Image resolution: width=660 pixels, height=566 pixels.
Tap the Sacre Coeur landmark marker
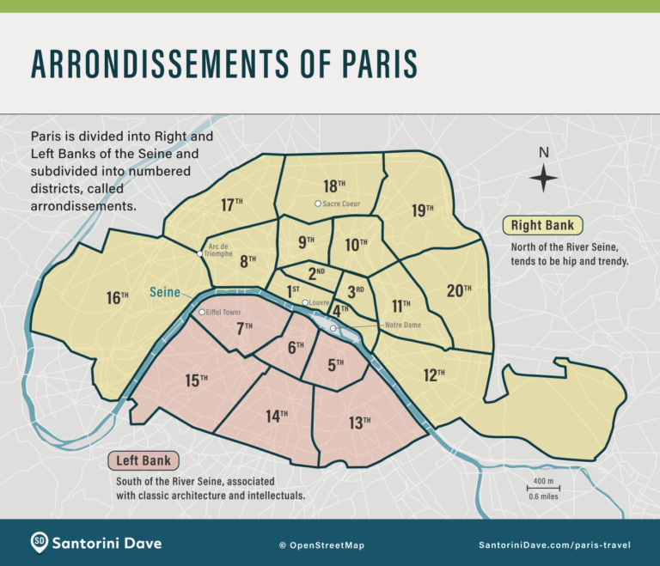(x=318, y=204)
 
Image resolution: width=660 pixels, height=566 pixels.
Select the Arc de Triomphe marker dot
(x=200, y=253)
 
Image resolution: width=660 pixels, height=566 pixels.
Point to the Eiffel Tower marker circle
(x=202, y=312)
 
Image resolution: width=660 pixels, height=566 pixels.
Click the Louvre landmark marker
(x=305, y=303)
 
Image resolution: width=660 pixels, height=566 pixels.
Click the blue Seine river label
(x=165, y=292)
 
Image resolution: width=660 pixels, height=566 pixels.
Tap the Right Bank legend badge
(x=543, y=226)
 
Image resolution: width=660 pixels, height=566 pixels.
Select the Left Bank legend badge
(x=144, y=460)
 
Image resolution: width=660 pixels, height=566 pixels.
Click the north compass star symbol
(x=543, y=179)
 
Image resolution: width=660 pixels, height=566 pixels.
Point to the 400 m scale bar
(x=543, y=488)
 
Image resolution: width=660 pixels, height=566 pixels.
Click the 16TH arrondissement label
(x=118, y=298)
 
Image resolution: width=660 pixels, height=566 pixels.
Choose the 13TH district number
(x=360, y=421)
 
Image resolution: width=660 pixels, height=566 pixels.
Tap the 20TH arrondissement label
(x=459, y=290)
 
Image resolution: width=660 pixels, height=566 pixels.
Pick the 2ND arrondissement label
(x=315, y=273)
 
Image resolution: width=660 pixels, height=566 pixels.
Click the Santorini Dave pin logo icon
(x=40, y=542)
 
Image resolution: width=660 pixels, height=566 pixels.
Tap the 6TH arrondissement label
(x=296, y=347)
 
